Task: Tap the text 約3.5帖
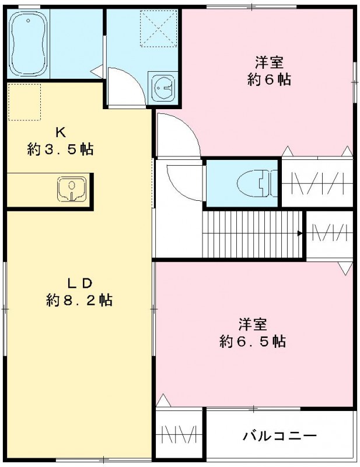(60, 149)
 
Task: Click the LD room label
(79, 284)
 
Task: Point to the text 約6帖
(269, 80)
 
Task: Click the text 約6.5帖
(252, 341)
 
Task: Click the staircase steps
(251, 233)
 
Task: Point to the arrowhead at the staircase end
(300, 233)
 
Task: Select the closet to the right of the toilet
(317, 182)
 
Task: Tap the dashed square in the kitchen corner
(25, 102)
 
